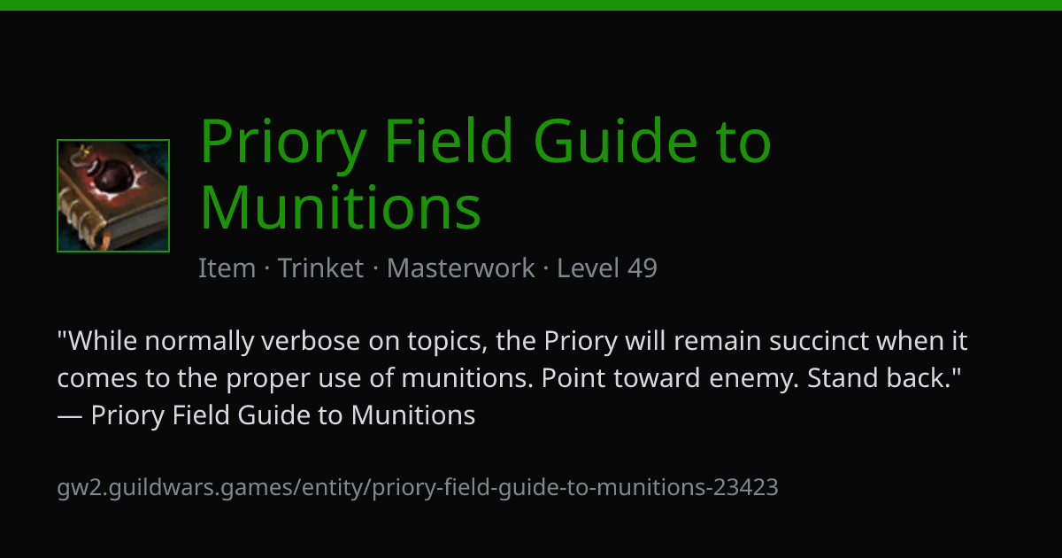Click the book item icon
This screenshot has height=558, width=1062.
pos(113,196)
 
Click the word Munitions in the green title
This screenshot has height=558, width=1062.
pos(341,208)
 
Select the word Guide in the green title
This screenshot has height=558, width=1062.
pos(615,141)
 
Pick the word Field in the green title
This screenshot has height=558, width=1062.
pos(449,140)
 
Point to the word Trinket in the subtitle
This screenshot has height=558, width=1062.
pos(320,268)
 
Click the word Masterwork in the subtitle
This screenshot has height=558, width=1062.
pos(460,268)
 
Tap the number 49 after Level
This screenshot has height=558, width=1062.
pos(643,268)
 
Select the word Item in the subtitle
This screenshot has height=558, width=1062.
pos(227,268)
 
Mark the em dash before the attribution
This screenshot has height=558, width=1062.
pos(70,416)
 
